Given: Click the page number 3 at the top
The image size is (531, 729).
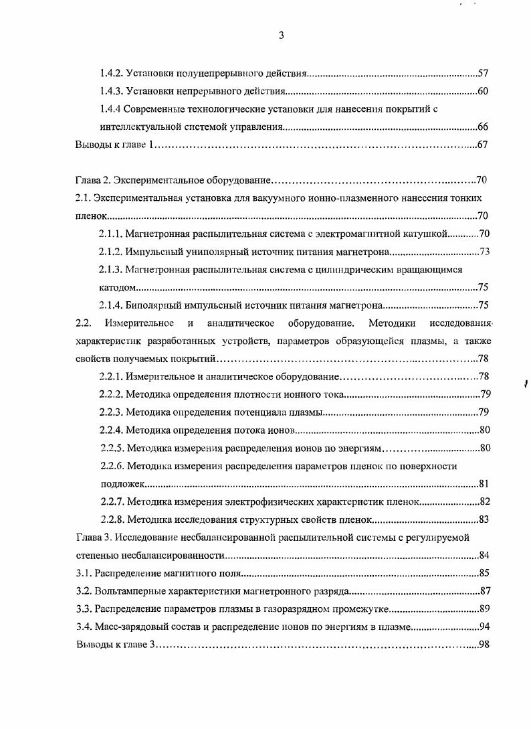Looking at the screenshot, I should click(x=281, y=36).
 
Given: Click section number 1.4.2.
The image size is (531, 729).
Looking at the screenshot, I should click(x=111, y=72).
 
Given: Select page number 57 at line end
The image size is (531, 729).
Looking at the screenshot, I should click(x=484, y=72).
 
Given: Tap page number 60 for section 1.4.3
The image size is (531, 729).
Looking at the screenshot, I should click(x=484, y=90).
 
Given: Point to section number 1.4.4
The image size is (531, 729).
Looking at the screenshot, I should click(x=110, y=108).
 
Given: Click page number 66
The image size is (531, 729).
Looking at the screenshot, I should click(x=484, y=127).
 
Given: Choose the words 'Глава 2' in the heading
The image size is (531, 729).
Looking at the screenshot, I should click(x=92, y=180).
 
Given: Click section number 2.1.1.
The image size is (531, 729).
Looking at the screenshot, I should click(x=111, y=234).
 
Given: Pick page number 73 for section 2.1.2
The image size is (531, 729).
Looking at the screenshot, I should click(x=485, y=252).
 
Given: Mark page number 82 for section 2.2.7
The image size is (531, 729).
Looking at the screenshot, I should click(x=485, y=501).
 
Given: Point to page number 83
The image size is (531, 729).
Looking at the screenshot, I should click(x=485, y=519).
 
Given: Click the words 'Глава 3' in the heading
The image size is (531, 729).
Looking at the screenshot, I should click(x=92, y=537).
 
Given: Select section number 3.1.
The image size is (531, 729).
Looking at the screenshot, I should click(x=83, y=573).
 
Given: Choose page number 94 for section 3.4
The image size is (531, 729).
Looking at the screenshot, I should click(x=485, y=627).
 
